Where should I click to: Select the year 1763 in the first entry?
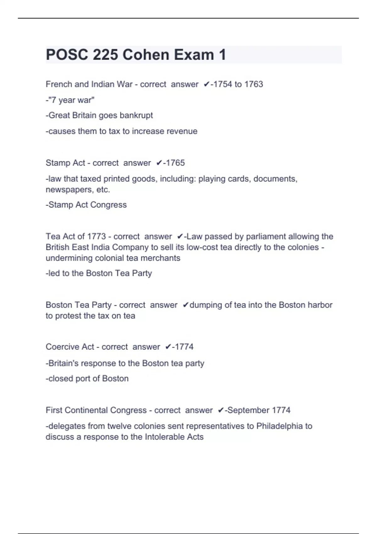pos(254,84)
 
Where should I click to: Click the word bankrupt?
pos(136,115)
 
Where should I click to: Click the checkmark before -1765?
pos(159,163)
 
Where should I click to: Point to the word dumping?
pos(206,305)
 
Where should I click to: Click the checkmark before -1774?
pos(168,347)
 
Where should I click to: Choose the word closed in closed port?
pos(61,379)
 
